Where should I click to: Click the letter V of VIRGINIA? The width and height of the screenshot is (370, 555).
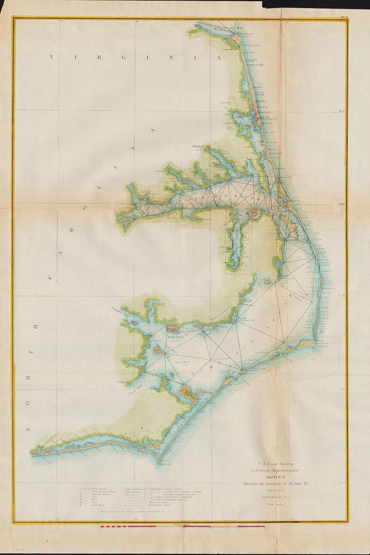pos(53,58)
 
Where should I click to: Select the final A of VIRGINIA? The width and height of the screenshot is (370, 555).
pos(219,58)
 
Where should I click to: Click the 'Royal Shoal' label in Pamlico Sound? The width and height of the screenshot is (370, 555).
pos(181,361)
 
